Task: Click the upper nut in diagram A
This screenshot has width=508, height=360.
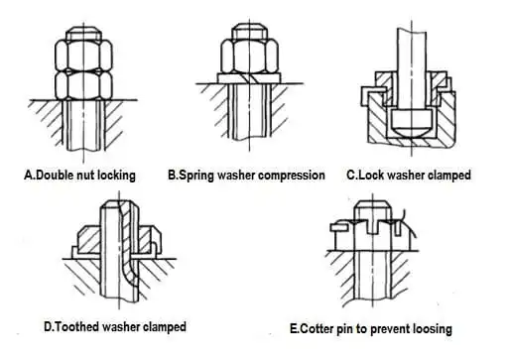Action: [83, 56]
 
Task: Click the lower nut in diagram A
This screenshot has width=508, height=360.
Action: [83, 85]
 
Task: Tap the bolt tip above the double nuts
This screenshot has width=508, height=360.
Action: [83, 34]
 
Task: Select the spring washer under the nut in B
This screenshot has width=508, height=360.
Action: [249, 77]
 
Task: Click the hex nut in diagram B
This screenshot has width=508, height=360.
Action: [249, 56]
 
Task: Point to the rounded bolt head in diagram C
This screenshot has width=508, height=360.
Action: [411, 123]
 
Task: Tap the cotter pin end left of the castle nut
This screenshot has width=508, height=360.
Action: [339, 227]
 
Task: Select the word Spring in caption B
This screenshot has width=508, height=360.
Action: [196, 176]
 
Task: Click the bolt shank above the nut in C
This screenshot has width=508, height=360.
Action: [412, 50]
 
